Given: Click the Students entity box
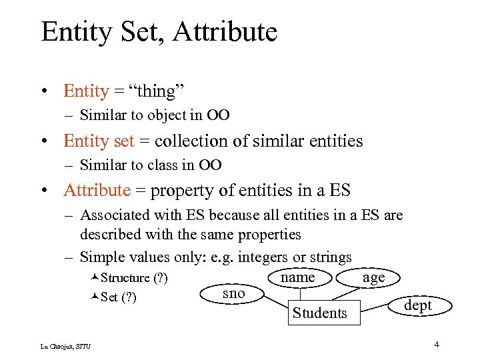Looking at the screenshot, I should (319, 313).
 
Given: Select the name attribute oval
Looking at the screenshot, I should (297, 277).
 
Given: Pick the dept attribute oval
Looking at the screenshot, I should (418, 305).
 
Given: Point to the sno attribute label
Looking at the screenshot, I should (233, 293).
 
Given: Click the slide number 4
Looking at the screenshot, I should (436, 345).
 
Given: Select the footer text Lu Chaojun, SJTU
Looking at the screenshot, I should (65, 345).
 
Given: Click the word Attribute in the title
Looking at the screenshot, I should (230, 31).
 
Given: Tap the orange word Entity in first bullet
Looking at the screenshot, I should (86, 91).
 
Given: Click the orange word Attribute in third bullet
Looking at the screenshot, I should (97, 190).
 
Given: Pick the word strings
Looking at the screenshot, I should (330, 257).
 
